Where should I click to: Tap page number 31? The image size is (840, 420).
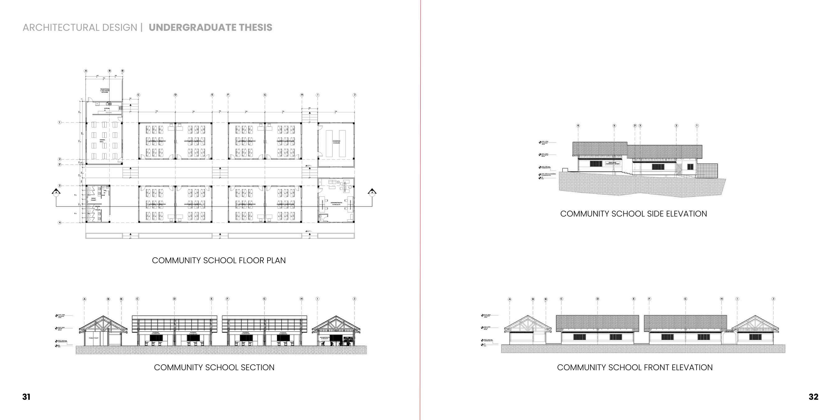click(26, 397)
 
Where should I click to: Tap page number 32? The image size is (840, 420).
click(813, 397)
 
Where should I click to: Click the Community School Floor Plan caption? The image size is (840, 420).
click(218, 260)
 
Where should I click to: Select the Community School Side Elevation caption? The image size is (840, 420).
click(633, 214)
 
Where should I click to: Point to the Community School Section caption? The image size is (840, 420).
click(214, 367)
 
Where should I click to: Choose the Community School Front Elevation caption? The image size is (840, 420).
click(635, 367)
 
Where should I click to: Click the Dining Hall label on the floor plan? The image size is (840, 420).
click(102, 141)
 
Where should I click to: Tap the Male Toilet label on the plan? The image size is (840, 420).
click(94, 199)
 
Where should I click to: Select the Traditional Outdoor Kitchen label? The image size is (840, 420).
click(105, 90)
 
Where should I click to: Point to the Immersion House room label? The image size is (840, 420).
click(336, 142)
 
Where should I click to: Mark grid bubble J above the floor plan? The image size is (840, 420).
click(354, 95)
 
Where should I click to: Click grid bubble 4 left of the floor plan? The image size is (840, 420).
click(60, 223)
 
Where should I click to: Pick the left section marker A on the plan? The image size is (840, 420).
click(56, 192)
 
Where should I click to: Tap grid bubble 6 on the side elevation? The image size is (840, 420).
click(578, 126)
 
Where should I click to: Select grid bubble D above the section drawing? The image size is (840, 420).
click(175, 299)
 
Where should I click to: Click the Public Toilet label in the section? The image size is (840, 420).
click(94, 338)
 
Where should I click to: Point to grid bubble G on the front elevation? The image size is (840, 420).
click(685, 299)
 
